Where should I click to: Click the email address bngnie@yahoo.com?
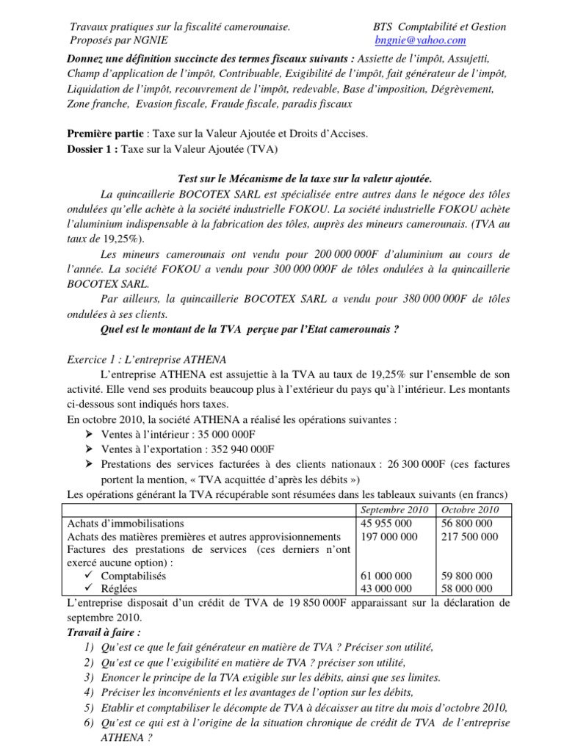420,40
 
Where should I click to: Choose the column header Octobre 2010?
469,510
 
